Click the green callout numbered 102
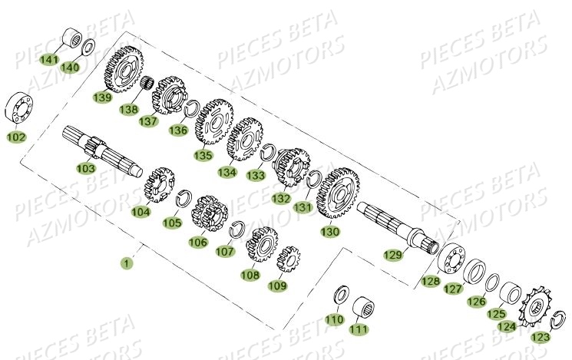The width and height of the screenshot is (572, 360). [16, 137]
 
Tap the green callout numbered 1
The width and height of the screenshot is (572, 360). [126, 263]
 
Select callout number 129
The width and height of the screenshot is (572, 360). [393, 254]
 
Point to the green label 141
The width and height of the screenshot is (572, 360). [49, 59]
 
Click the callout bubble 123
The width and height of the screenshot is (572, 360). [541, 336]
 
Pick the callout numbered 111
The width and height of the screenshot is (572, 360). [359, 329]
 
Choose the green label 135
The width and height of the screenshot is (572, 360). [203, 155]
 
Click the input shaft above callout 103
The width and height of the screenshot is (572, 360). [99, 145]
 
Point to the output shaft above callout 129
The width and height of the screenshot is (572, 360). [395, 222]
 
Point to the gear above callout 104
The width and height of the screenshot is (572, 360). [159, 184]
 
